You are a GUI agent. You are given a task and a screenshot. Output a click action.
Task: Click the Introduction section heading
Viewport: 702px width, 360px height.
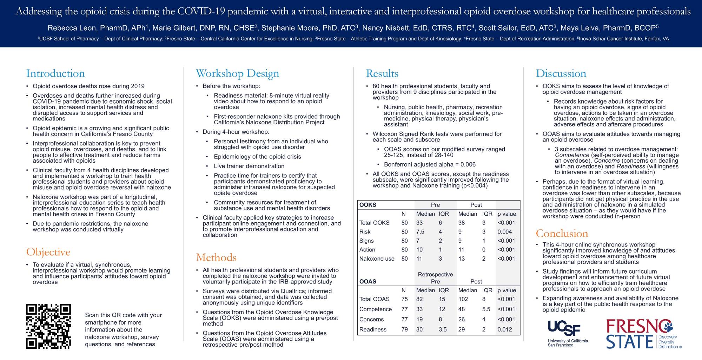tap(55, 73)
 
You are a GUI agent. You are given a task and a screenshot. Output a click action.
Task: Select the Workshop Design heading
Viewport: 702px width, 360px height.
tap(237, 73)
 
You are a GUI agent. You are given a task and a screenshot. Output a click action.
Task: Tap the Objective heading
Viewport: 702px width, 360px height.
tap(48, 252)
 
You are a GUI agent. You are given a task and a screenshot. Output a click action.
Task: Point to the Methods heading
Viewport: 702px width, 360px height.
tap(216, 257)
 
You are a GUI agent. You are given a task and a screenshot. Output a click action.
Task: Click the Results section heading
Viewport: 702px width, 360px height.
tap(382, 73)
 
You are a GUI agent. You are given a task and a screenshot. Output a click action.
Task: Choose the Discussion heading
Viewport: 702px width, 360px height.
tap(561, 73)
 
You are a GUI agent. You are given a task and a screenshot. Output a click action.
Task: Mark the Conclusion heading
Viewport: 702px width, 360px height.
tap(562, 233)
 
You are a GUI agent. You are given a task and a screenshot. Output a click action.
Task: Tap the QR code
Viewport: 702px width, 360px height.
tap(48, 326)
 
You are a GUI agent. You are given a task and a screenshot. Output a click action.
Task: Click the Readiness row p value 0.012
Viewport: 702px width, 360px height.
tap(505, 329)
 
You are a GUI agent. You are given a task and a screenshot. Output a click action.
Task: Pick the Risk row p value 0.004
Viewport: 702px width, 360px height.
tap(505, 232)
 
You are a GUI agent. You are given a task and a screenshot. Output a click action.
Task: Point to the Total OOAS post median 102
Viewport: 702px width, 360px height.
tap(463, 299)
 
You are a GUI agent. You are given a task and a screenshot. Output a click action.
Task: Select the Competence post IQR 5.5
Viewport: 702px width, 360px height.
tap(486, 309)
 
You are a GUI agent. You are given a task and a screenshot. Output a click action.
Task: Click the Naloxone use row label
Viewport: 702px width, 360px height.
tap(377, 259)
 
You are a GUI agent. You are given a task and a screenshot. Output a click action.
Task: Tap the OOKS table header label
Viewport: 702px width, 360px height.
tap(367, 205)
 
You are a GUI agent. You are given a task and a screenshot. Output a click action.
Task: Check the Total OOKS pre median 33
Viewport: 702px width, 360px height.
tap(419, 223)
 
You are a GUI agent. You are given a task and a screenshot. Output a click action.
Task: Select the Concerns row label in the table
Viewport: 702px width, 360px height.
tap(371, 320)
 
